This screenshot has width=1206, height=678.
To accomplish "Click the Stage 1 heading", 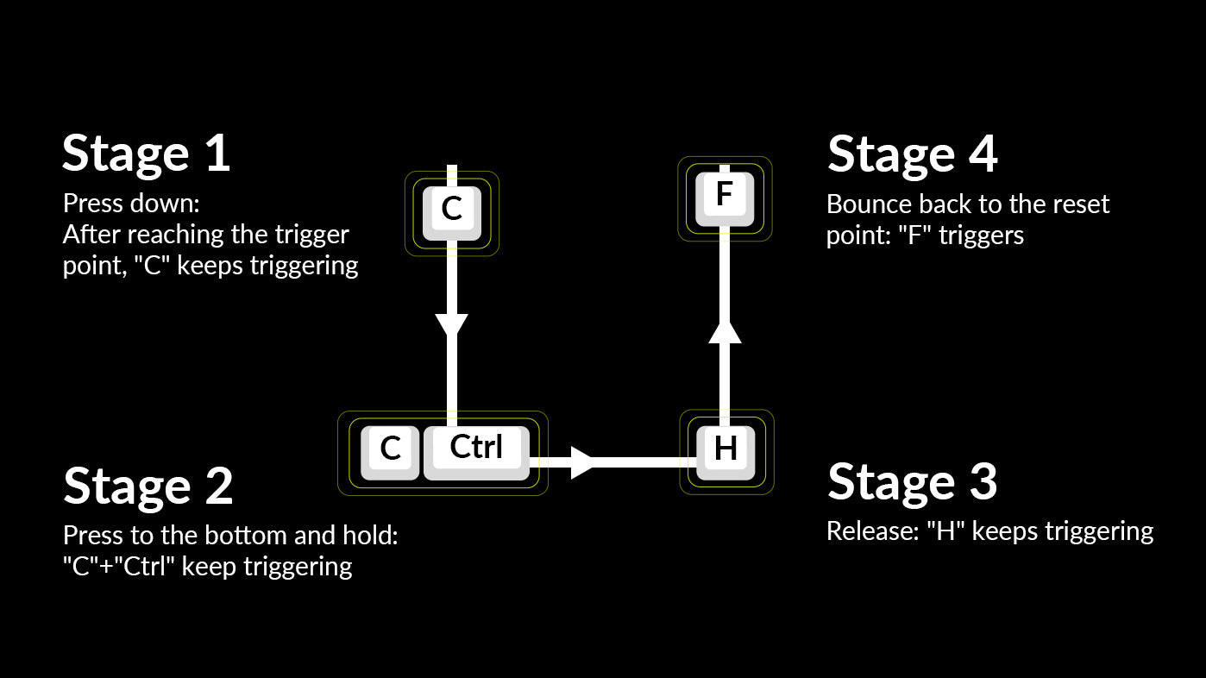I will click(x=146, y=154).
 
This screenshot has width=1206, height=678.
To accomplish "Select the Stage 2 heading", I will click(x=148, y=485).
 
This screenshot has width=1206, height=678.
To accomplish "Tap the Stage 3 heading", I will click(x=912, y=481).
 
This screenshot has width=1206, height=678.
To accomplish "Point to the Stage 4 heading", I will click(x=912, y=154).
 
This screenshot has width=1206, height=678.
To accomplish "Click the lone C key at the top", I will click(x=452, y=210).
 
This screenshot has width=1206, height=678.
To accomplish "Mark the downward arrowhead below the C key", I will click(x=451, y=325).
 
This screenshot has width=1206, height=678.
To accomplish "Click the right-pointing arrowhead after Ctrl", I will click(x=582, y=461).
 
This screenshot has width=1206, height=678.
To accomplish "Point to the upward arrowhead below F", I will click(x=725, y=331).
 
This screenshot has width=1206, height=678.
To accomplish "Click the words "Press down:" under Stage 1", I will click(x=130, y=205).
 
